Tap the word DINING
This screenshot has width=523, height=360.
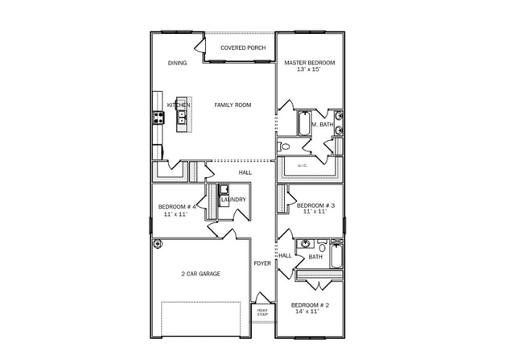177,63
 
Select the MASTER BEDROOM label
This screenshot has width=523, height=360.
310,63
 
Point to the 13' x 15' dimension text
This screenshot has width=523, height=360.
310,71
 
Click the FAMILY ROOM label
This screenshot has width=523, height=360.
233,106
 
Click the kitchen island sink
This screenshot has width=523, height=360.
183,119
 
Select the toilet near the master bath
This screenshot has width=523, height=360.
283,147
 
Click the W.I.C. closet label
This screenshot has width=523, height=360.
303,166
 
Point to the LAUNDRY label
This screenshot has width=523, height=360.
233,200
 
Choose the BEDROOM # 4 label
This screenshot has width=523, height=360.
177,207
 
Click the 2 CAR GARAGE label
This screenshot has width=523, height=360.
200,274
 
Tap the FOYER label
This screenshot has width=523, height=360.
262,263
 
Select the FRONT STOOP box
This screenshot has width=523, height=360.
262,312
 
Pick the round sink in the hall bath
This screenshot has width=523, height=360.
305,245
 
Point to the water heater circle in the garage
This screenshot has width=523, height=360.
158,243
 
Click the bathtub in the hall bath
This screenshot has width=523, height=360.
336,257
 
